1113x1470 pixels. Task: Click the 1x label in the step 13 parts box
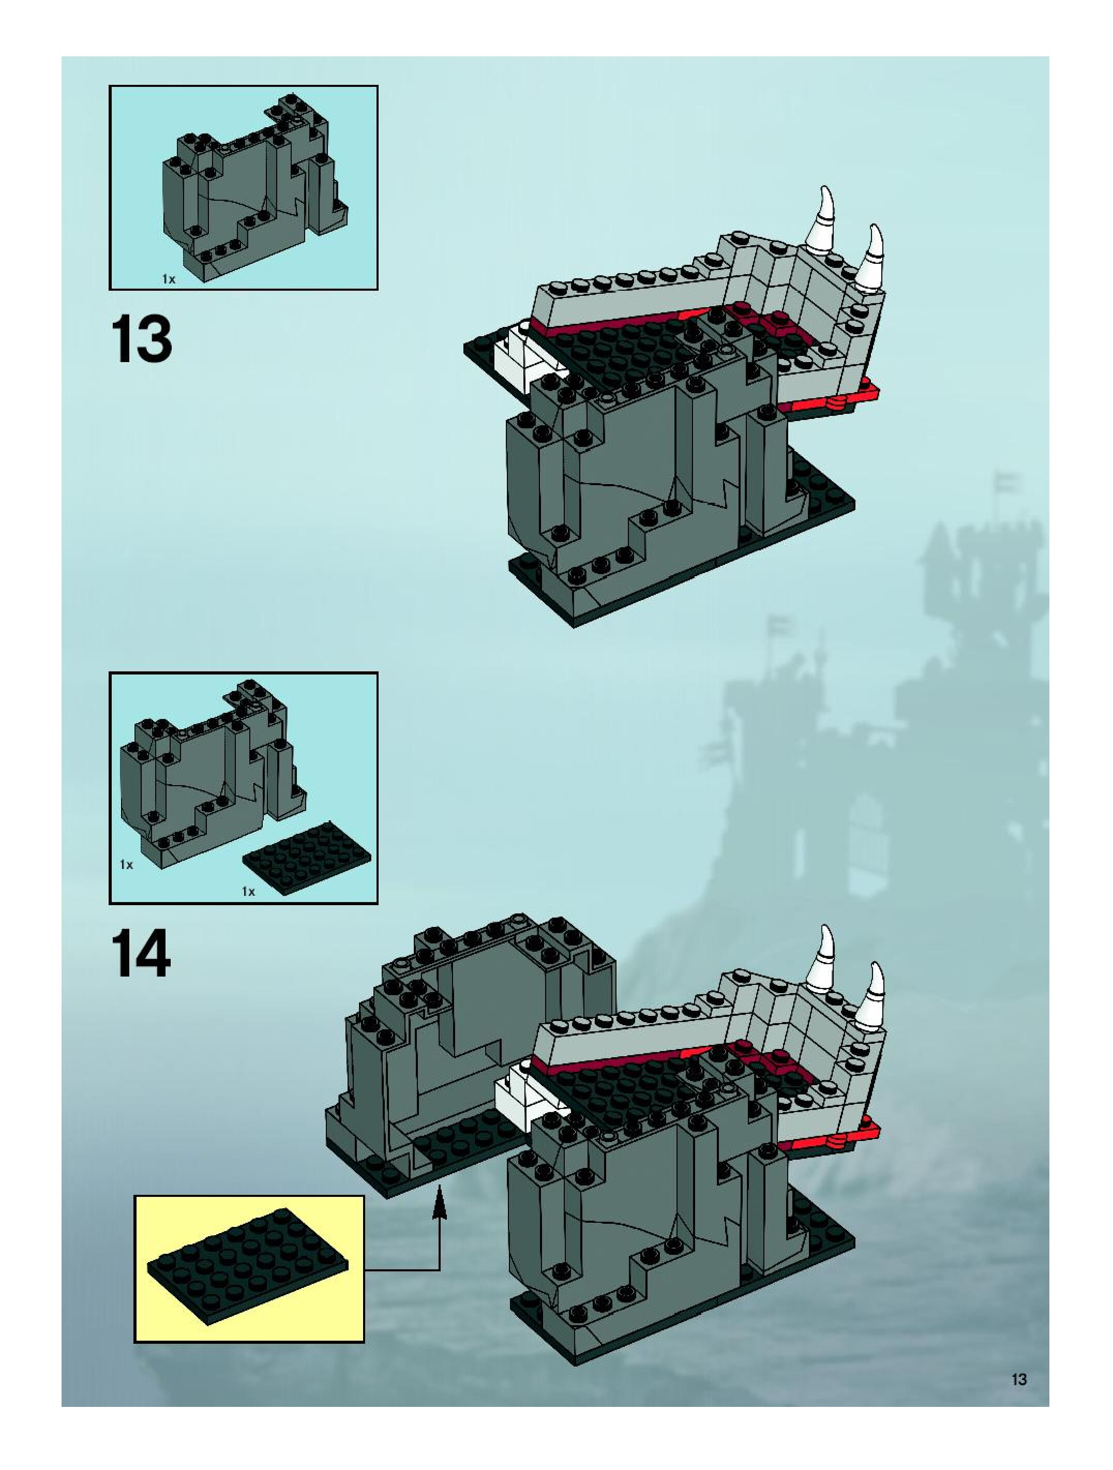169,279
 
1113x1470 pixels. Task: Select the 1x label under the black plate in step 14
248,891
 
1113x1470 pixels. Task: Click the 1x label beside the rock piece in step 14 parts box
126,865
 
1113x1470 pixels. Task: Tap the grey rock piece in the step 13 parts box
252,193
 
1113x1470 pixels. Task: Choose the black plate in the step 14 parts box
307,852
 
